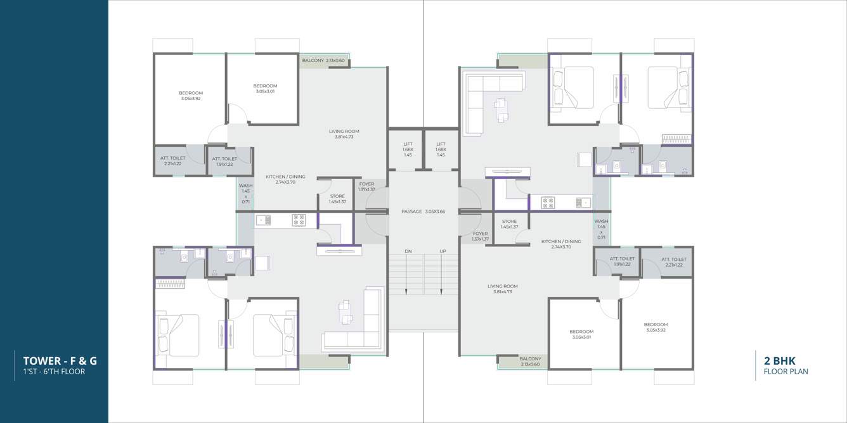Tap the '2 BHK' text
point(780,361)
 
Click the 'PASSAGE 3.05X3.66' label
point(423,211)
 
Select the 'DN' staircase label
point(408,251)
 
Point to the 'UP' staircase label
point(443,251)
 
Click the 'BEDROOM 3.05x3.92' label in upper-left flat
point(191,96)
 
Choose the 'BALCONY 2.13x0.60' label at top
point(323,61)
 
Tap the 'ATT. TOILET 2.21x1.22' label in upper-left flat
point(172,161)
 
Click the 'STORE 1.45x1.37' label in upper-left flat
point(337,199)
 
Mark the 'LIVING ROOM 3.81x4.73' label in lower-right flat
point(502,289)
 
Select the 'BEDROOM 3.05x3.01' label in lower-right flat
point(581,334)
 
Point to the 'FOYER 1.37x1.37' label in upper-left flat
point(366,187)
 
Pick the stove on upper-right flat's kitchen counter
point(548,203)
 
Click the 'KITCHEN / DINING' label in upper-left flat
point(285,179)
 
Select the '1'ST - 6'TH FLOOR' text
point(54,372)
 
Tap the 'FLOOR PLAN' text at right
point(786,372)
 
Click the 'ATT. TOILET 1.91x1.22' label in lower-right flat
point(622,261)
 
